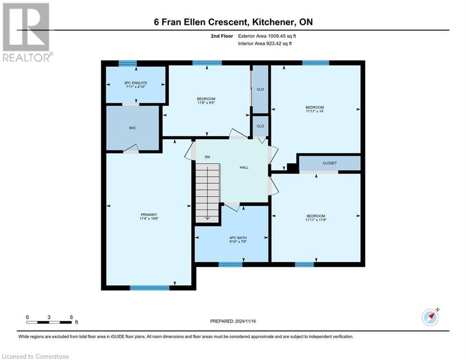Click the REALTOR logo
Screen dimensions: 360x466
click(26, 32)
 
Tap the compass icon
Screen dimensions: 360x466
click(430, 317)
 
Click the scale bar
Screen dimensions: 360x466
click(49, 322)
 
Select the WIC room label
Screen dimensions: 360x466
click(133, 128)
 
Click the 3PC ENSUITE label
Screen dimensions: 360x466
click(135, 83)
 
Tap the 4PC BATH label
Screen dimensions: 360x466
click(238, 238)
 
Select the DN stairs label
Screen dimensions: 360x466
click(206, 157)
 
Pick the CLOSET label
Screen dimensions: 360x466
click(329, 163)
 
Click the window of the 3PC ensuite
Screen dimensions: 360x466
click(127, 63)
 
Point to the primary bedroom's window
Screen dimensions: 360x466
click(149, 288)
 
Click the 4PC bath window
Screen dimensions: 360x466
click(230, 264)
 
